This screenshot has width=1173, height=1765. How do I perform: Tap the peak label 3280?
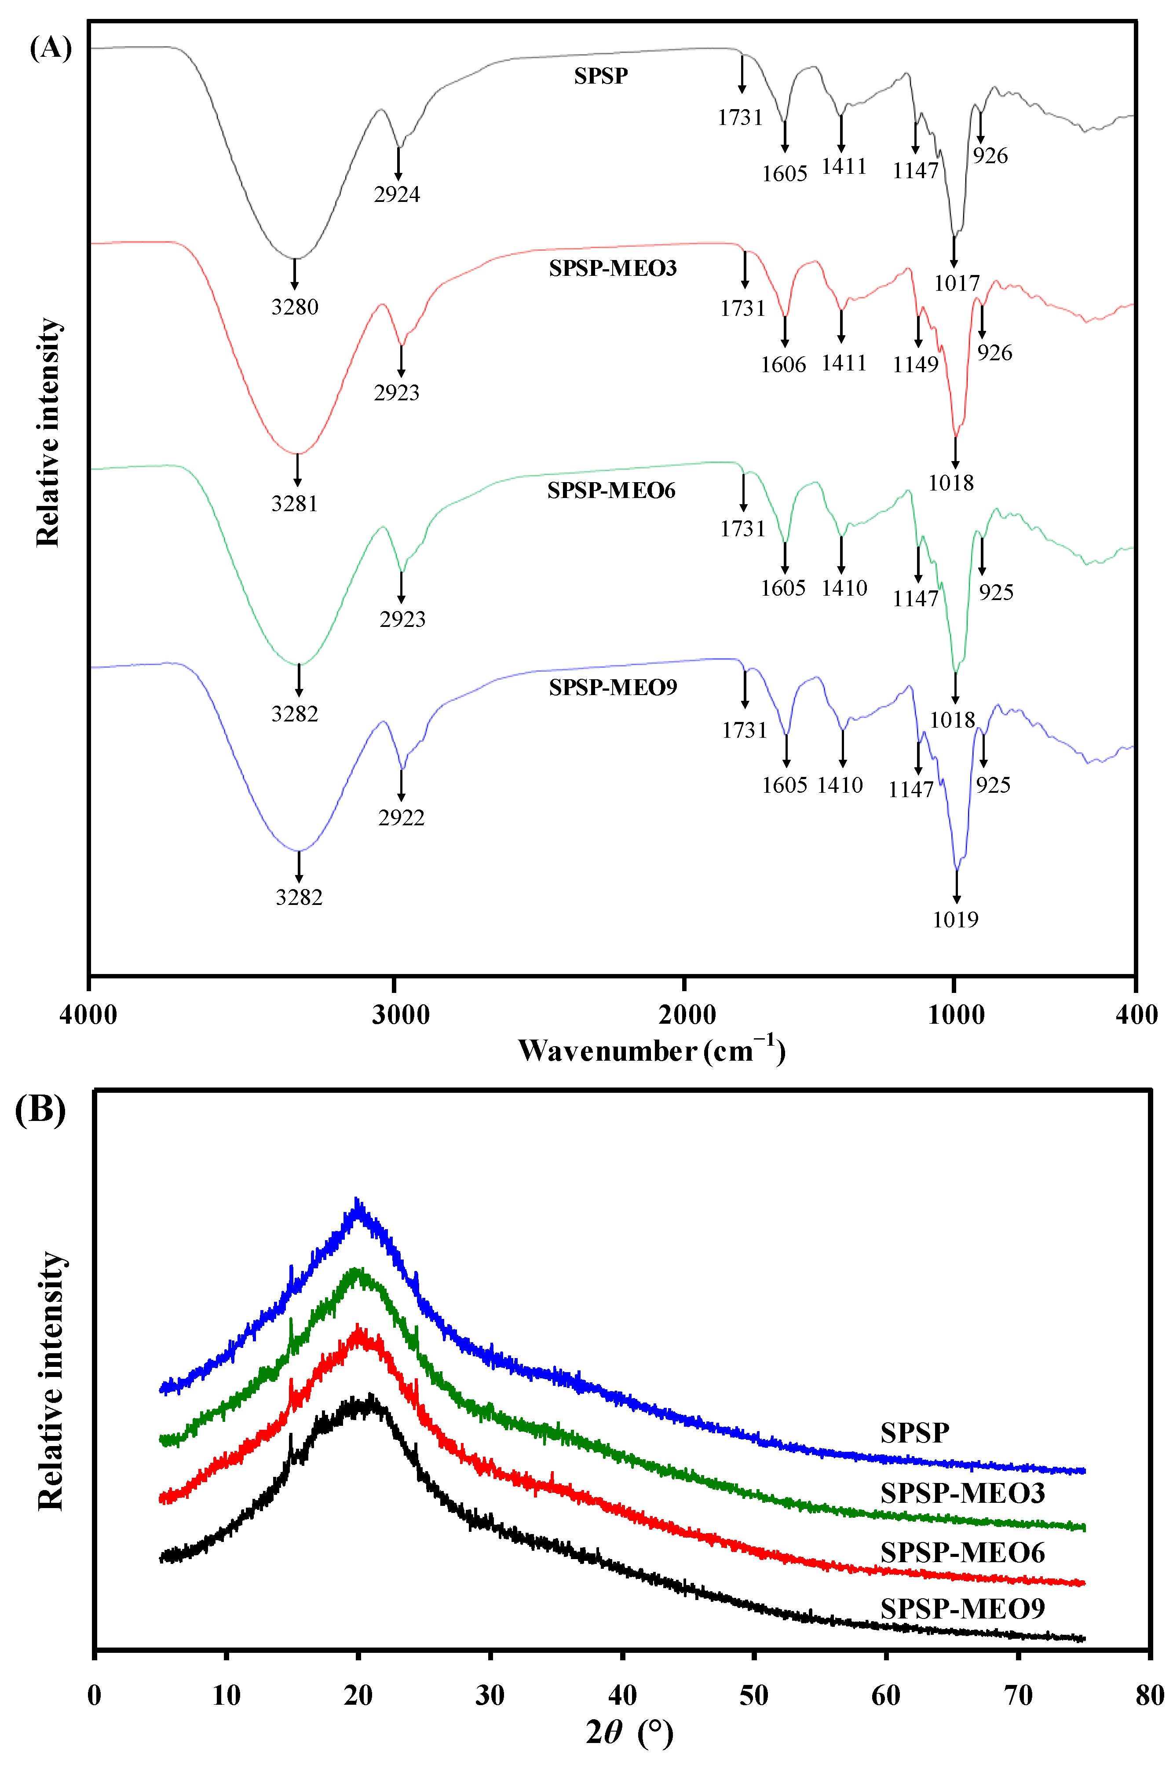(295, 307)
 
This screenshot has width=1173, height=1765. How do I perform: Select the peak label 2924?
(397, 194)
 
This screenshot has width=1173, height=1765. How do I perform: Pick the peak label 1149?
(915, 365)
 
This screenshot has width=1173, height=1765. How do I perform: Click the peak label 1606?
(783, 365)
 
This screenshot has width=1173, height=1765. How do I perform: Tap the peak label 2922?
(401, 818)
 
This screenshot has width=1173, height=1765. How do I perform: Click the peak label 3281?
(295, 504)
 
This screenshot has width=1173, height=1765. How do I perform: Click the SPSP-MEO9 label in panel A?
(613, 688)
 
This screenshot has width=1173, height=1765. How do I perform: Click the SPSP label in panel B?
(914, 1432)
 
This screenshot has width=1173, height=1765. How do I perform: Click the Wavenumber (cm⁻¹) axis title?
(651, 1051)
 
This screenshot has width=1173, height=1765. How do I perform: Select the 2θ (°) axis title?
(630, 1732)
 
